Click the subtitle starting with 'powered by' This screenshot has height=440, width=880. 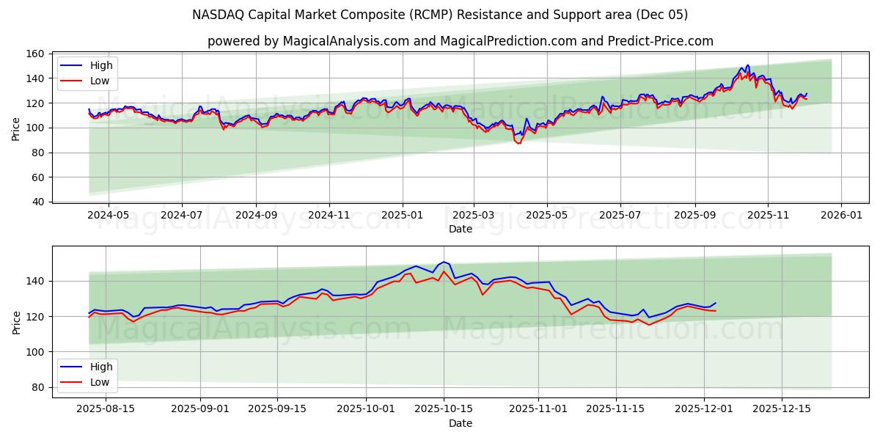460,41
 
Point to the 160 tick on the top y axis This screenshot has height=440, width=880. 36,54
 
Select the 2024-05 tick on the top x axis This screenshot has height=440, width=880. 108,216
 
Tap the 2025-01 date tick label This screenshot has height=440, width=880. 402,216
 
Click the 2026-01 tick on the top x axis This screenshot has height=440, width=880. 840,216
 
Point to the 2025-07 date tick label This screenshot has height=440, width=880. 620,216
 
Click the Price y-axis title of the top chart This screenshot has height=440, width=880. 16,128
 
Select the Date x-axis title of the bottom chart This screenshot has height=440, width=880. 460,423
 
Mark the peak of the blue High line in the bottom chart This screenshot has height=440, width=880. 443,262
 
